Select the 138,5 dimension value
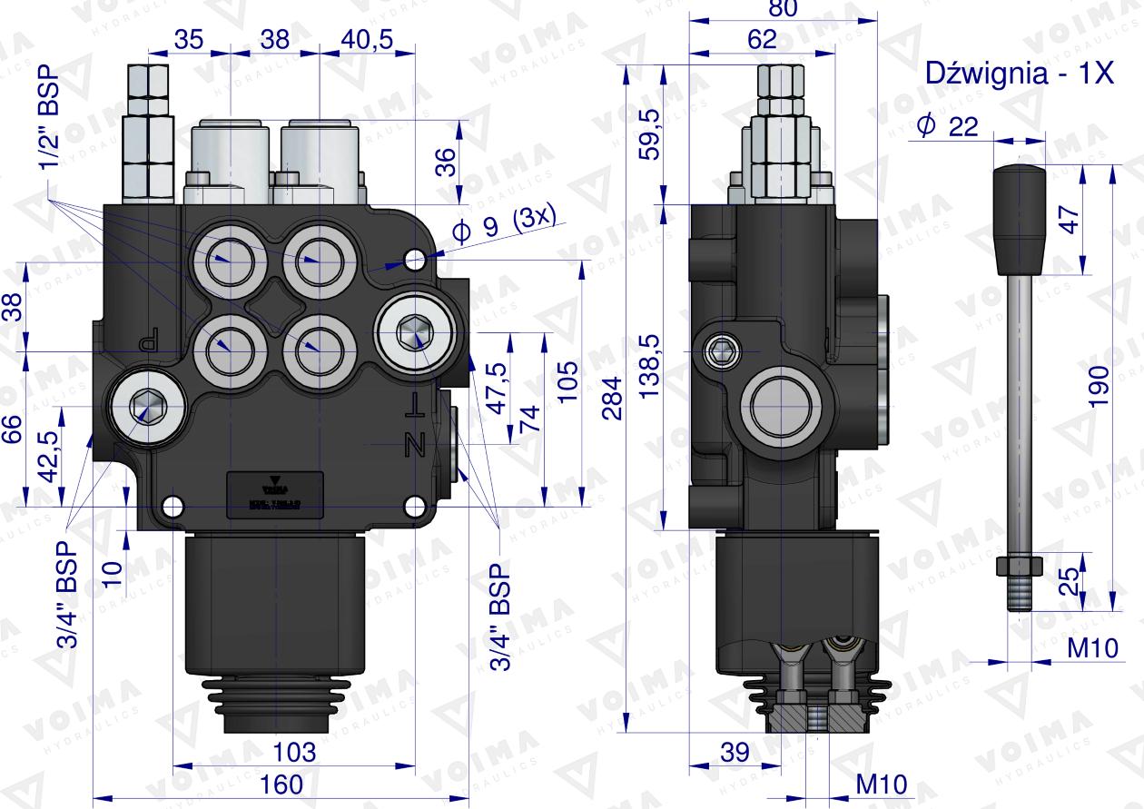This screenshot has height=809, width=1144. (x=649, y=367)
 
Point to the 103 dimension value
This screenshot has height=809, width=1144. (x=294, y=752)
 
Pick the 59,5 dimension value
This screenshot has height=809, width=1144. (x=649, y=135)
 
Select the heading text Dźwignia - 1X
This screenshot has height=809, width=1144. (x=1019, y=74)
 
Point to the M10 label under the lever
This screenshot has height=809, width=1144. (x=1090, y=647)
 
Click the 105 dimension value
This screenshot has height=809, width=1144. (x=566, y=386)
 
